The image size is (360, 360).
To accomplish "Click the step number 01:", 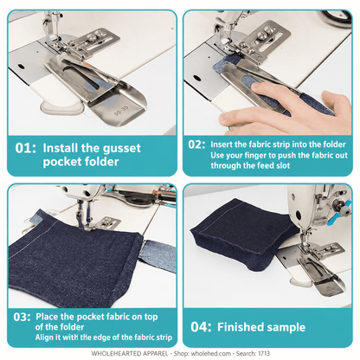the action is tap(26, 148).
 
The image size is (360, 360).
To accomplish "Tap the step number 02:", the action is tap(197, 145).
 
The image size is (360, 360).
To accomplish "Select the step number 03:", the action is tap(22, 317).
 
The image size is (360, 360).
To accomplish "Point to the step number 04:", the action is tap(201, 327).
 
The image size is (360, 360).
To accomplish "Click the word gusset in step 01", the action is tap(122, 149).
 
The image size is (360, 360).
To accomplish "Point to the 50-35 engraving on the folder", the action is tap(121, 111).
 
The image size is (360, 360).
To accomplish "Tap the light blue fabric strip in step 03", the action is tap(157, 254).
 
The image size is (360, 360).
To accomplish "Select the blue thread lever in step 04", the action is tap(340, 213).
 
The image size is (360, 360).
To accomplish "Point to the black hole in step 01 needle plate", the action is tap(22, 67).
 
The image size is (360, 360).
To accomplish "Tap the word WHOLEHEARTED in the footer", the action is tap(114, 354).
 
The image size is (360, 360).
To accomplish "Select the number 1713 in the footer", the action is tap(264, 354).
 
